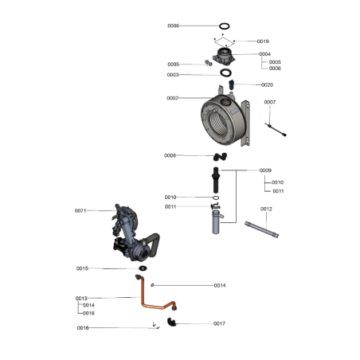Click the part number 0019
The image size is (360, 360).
tap(263, 41)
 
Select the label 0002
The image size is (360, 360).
tap(173, 98)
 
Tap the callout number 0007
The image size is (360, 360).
tap(270, 102)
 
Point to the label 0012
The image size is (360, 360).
tap(266, 209)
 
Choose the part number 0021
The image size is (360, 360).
tap(80, 210)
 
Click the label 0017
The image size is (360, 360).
tap(219, 323)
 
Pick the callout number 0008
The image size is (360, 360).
tap(170, 155)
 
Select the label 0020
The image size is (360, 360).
tap(267, 84)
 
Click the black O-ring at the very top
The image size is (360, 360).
tap(225, 23)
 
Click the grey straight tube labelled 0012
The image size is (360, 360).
tap(261, 229)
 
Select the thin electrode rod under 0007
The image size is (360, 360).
tap(276, 130)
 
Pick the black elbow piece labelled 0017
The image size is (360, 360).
tap(171, 322)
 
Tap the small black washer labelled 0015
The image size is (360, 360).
tap(143, 268)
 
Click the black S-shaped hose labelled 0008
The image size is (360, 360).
tap(220, 157)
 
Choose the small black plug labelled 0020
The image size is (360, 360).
tap(231, 84)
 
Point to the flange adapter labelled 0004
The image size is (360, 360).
tap(224, 57)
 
